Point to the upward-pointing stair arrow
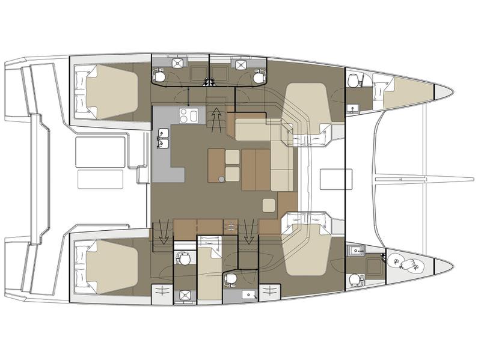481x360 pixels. [215, 118]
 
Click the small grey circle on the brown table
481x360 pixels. [221, 178]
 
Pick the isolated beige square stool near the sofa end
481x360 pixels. [269, 205]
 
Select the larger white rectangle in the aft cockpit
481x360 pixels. [100, 152]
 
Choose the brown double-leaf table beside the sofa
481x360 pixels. [255, 170]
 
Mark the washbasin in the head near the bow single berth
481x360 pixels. [353, 109]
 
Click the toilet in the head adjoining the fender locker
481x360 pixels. [355, 278]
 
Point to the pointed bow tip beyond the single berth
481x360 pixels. [443, 91]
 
